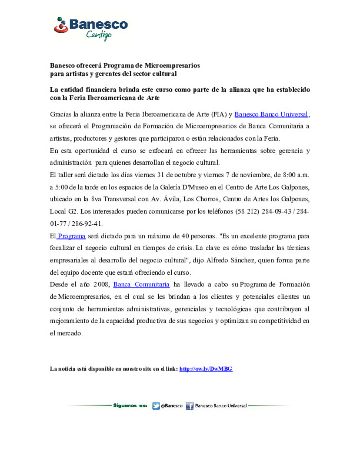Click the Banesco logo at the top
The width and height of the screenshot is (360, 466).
[x=91, y=25]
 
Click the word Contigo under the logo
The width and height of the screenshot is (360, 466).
[x=99, y=35]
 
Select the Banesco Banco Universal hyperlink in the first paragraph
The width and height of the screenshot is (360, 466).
[x=271, y=114]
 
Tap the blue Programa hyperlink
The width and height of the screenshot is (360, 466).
[x=71, y=236]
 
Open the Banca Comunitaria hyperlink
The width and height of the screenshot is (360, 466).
[x=141, y=284]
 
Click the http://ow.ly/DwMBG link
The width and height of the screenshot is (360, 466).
[x=206, y=369]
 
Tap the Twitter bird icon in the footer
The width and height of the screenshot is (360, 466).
[x=156, y=406]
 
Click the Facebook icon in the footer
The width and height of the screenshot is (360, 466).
[x=189, y=406]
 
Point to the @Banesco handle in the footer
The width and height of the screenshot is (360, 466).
[x=172, y=406]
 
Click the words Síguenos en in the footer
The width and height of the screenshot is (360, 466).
[x=130, y=406]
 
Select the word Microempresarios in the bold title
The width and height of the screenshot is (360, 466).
[x=172, y=65]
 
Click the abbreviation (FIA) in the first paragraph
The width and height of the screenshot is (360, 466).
[x=219, y=114]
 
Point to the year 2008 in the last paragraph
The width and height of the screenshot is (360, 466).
[x=101, y=284]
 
